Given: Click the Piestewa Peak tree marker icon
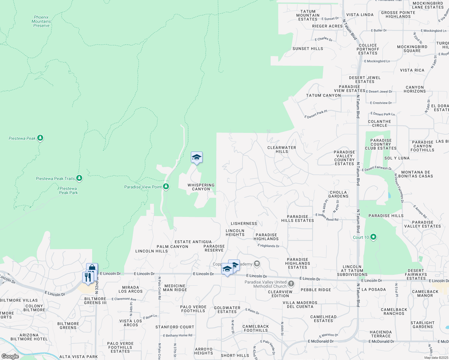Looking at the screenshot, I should click(40, 138).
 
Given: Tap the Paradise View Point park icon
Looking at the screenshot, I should click(166, 187).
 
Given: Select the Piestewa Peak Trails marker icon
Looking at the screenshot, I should click(79, 178).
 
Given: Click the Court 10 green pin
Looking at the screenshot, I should click(373, 237).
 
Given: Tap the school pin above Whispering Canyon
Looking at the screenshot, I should click(197, 157).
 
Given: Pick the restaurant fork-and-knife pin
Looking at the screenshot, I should click(88, 277).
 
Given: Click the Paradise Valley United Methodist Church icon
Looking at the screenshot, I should click(291, 283).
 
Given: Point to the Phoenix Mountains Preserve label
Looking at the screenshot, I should click(41, 22).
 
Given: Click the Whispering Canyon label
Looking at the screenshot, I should click(201, 187).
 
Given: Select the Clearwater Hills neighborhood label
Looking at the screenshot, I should click(282, 149).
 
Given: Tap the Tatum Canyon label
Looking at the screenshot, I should click(323, 95).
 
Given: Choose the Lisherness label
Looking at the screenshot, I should click(244, 223).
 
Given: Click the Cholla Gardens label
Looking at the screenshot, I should click(338, 194).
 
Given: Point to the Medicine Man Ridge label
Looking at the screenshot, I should click(175, 288).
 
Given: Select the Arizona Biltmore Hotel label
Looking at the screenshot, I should click(29, 337).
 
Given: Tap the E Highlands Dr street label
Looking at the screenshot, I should click(268, 246).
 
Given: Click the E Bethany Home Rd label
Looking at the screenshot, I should click(178, 335).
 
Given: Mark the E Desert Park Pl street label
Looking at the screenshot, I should click(316, 114).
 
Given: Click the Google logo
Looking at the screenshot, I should click(10, 356).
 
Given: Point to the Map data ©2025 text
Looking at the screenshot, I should click(436, 358).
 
